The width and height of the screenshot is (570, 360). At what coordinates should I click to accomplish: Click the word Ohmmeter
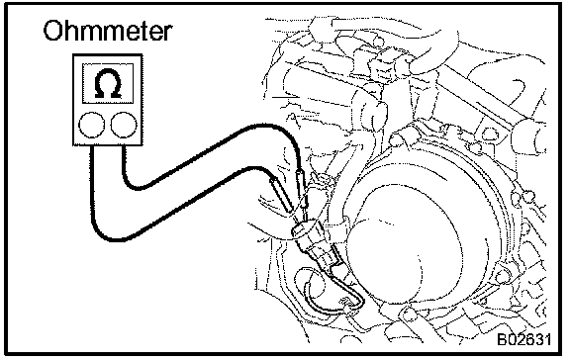pyautogui.click(x=107, y=31)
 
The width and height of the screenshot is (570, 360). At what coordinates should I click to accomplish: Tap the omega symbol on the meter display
pyautogui.click(x=108, y=83)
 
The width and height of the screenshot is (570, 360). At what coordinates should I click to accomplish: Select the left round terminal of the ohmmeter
pyautogui.click(x=91, y=125)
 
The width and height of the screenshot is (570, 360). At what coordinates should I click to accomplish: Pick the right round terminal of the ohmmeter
pyautogui.click(x=124, y=125)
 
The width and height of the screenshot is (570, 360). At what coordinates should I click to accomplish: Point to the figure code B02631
pyautogui.click(x=523, y=339)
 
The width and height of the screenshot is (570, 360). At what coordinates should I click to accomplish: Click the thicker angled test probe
pyautogui.click(x=281, y=195)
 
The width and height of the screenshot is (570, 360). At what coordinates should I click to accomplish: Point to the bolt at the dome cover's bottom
pyautogui.click(x=408, y=314)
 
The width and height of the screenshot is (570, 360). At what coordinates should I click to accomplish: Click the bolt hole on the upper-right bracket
pyautogui.click(x=490, y=133)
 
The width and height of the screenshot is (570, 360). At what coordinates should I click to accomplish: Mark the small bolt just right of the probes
pyautogui.click(x=322, y=179)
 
